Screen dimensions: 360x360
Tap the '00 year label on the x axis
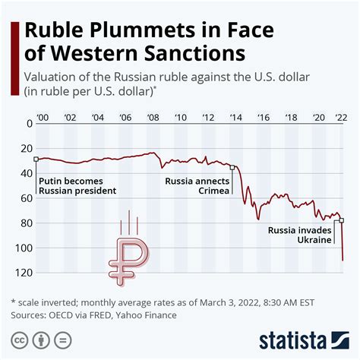(42, 117)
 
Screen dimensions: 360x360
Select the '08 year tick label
(152, 117)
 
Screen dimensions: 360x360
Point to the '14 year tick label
(235, 117)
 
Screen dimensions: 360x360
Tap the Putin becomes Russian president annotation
(77, 185)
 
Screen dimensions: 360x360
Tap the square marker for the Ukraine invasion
(341, 220)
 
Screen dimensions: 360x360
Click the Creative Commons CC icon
(17, 339)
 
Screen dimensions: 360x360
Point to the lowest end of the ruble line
(343, 261)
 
